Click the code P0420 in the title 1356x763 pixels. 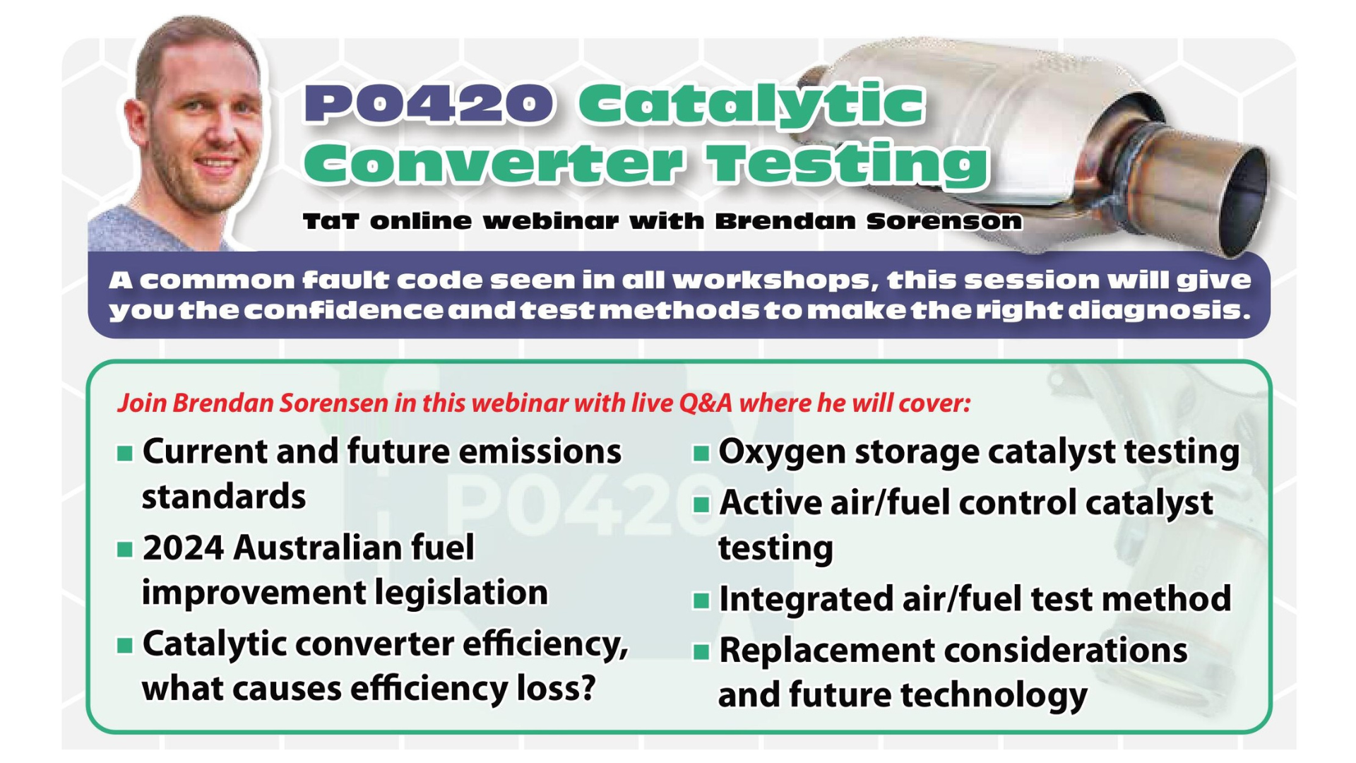(x=429, y=104)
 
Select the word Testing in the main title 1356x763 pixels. (x=848, y=165)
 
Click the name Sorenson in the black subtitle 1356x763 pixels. (x=944, y=221)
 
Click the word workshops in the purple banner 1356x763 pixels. (x=771, y=280)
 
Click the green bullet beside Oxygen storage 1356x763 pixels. (x=701, y=453)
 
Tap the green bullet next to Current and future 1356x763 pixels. (x=125, y=453)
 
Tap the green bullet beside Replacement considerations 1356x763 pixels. (x=701, y=651)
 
